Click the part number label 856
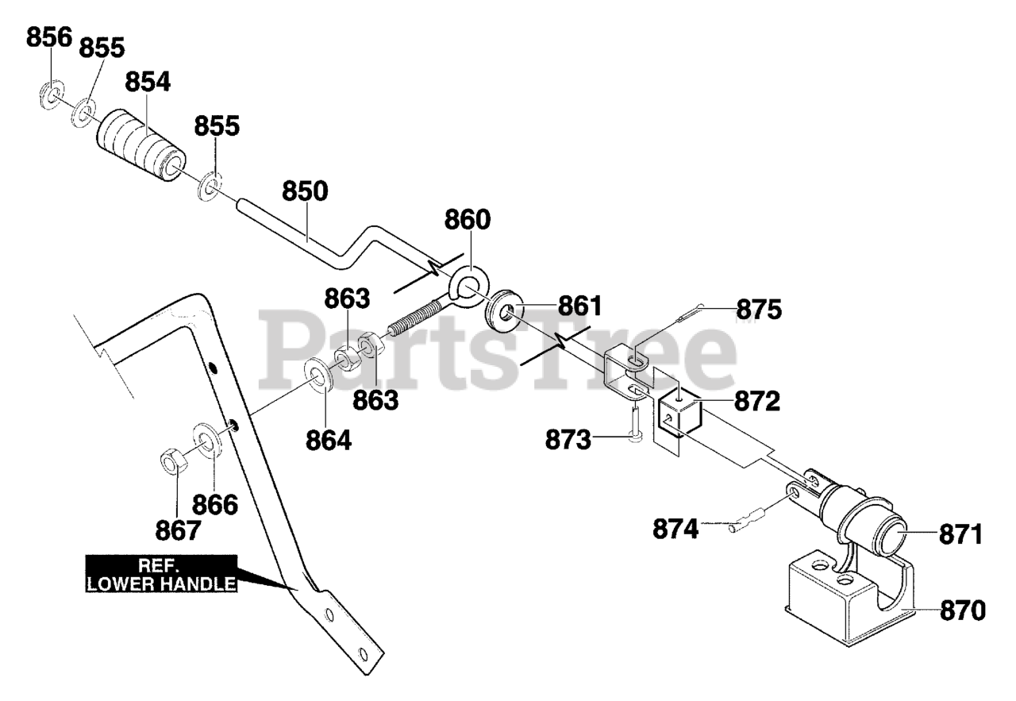(49, 37)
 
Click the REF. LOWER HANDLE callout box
(162, 574)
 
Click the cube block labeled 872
(678, 414)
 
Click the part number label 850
(306, 192)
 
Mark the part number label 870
(963, 610)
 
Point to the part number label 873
(568, 440)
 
